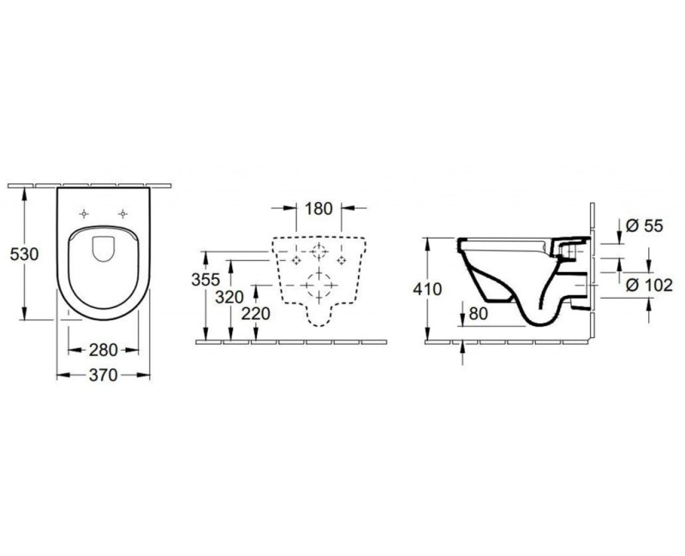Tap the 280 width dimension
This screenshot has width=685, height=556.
tap(103, 350)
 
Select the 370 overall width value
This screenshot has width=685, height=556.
tap(103, 375)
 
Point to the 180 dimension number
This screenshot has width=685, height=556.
tap(317, 207)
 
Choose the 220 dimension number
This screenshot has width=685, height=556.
tap(256, 313)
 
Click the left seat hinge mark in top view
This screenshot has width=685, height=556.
tap(83, 214)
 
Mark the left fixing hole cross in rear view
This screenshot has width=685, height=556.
tap(295, 257)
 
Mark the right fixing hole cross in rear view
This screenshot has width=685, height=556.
tap(342, 257)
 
